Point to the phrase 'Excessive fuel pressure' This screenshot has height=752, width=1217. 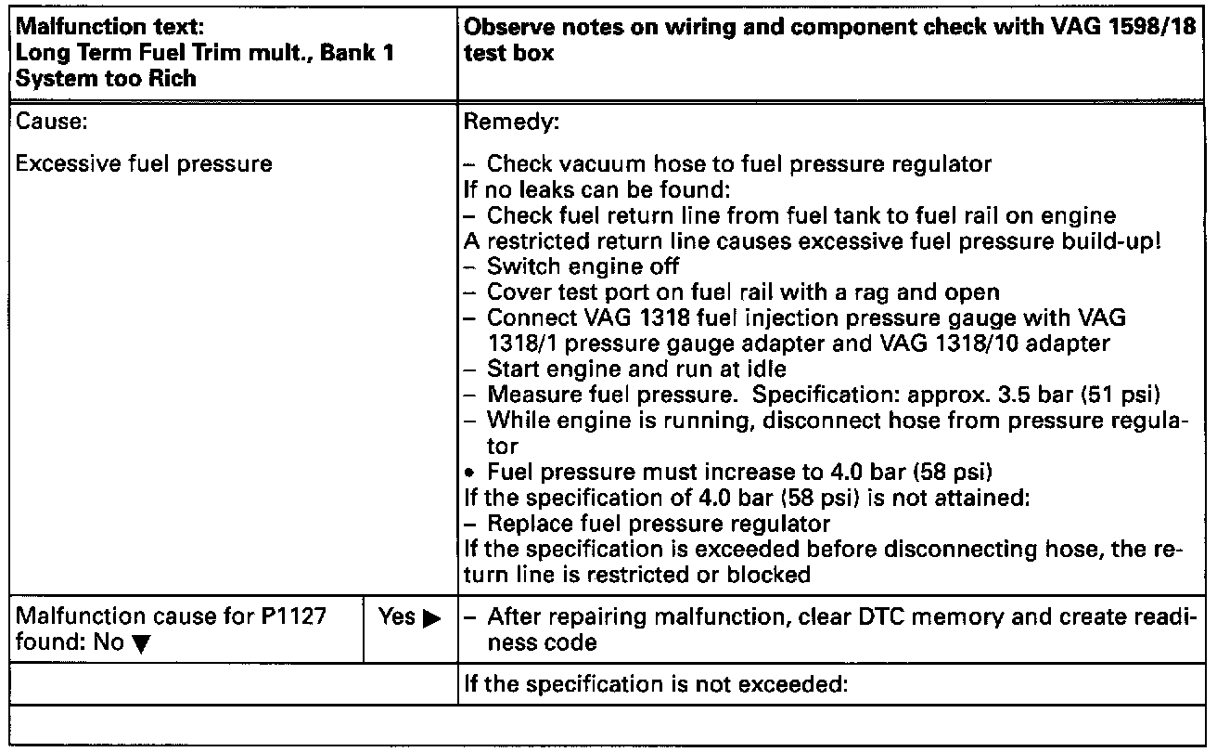click(x=144, y=164)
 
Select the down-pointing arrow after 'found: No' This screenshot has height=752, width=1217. click(x=140, y=642)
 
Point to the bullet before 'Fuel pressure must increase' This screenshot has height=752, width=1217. click(x=470, y=472)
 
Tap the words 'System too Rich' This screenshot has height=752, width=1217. click(x=106, y=78)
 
